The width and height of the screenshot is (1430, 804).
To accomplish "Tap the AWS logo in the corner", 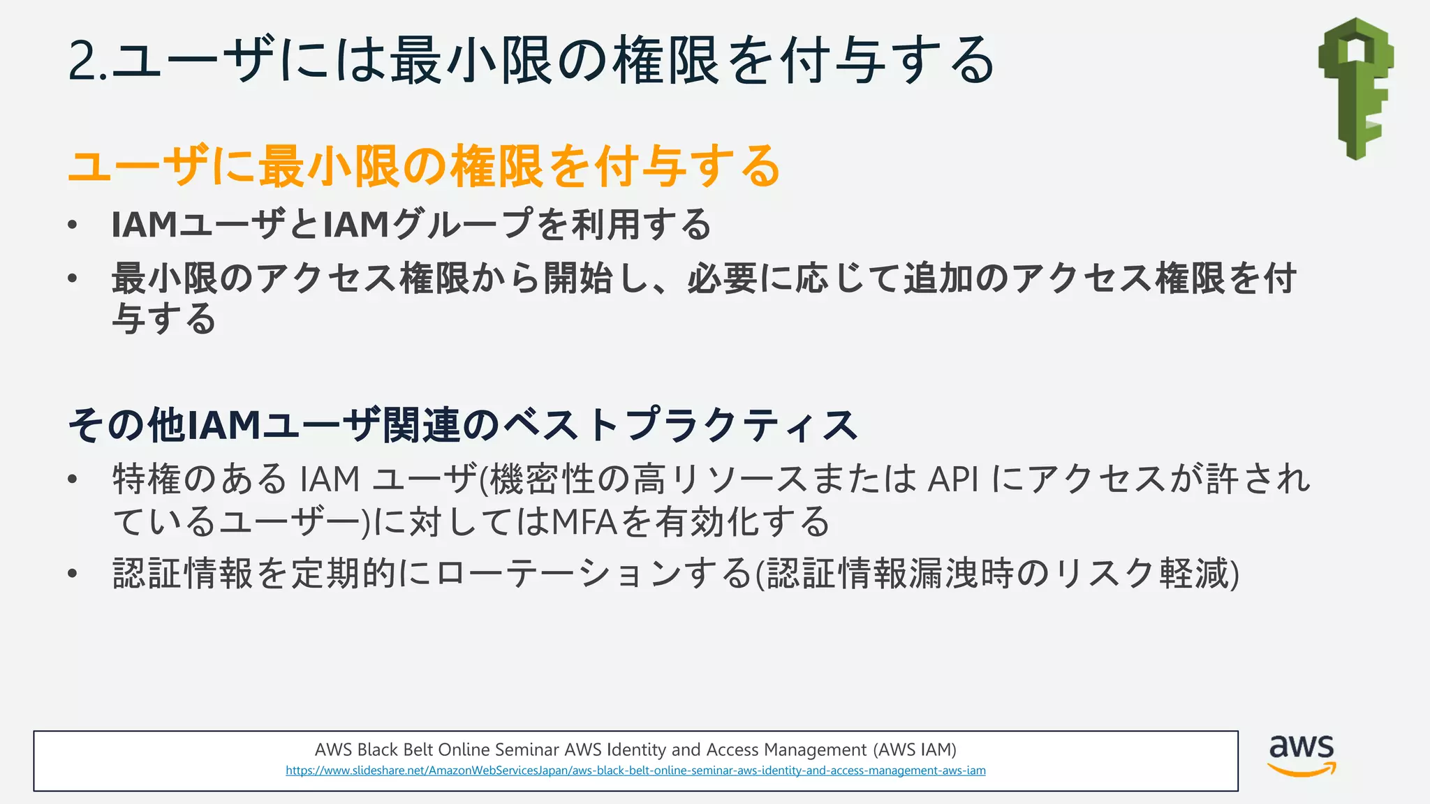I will click(1301, 755).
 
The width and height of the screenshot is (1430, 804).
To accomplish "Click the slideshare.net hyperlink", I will click(635, 770).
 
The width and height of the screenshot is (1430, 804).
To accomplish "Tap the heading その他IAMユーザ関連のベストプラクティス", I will click(462, 425).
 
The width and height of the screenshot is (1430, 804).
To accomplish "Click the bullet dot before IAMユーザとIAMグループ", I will click(72, 225).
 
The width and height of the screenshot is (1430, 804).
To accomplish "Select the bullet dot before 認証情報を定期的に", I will click(72, 574).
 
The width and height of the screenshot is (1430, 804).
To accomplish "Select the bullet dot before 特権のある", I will click(72, 479).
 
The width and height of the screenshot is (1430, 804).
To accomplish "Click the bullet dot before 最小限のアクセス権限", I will click(72, 278).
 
